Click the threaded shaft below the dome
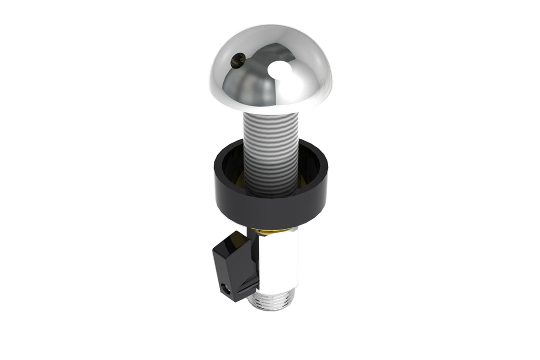270,133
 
